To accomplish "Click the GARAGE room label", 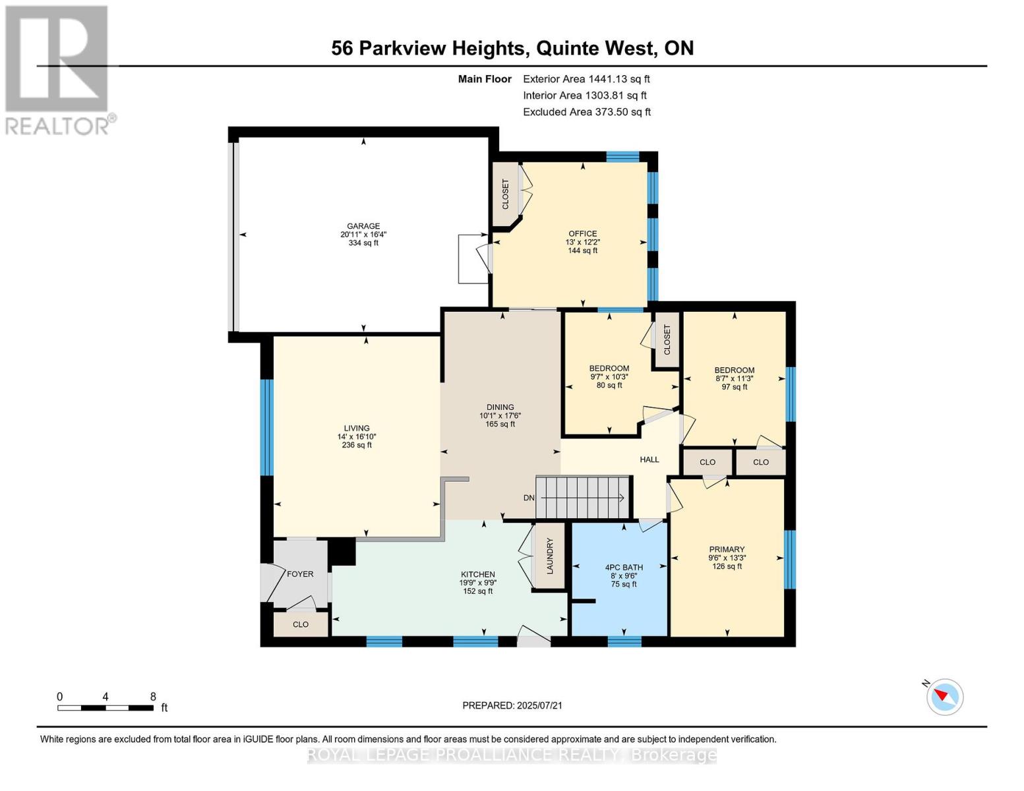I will (363, 226).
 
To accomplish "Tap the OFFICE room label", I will (582, 234).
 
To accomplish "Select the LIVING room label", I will (356, 428).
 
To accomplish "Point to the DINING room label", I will (500, 407).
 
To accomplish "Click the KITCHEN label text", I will (477, 575).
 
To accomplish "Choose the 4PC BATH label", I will (623, 568).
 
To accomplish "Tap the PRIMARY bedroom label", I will (727, 550).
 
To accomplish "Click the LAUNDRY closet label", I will (549, 556).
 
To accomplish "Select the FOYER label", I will (300, 574).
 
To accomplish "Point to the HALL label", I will (649, 459).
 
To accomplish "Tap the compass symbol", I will (945, 697).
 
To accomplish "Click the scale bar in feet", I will (105, 708).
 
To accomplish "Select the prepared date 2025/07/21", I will (512, 705).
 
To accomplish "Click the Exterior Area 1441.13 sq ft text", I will (586, 79).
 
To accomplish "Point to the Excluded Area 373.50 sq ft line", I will (586, 112).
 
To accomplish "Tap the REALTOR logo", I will (58, 69).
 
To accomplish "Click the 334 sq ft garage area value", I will (363, 243).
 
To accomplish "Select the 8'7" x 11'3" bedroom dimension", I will (734, 379).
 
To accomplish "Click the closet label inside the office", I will (506, 194).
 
